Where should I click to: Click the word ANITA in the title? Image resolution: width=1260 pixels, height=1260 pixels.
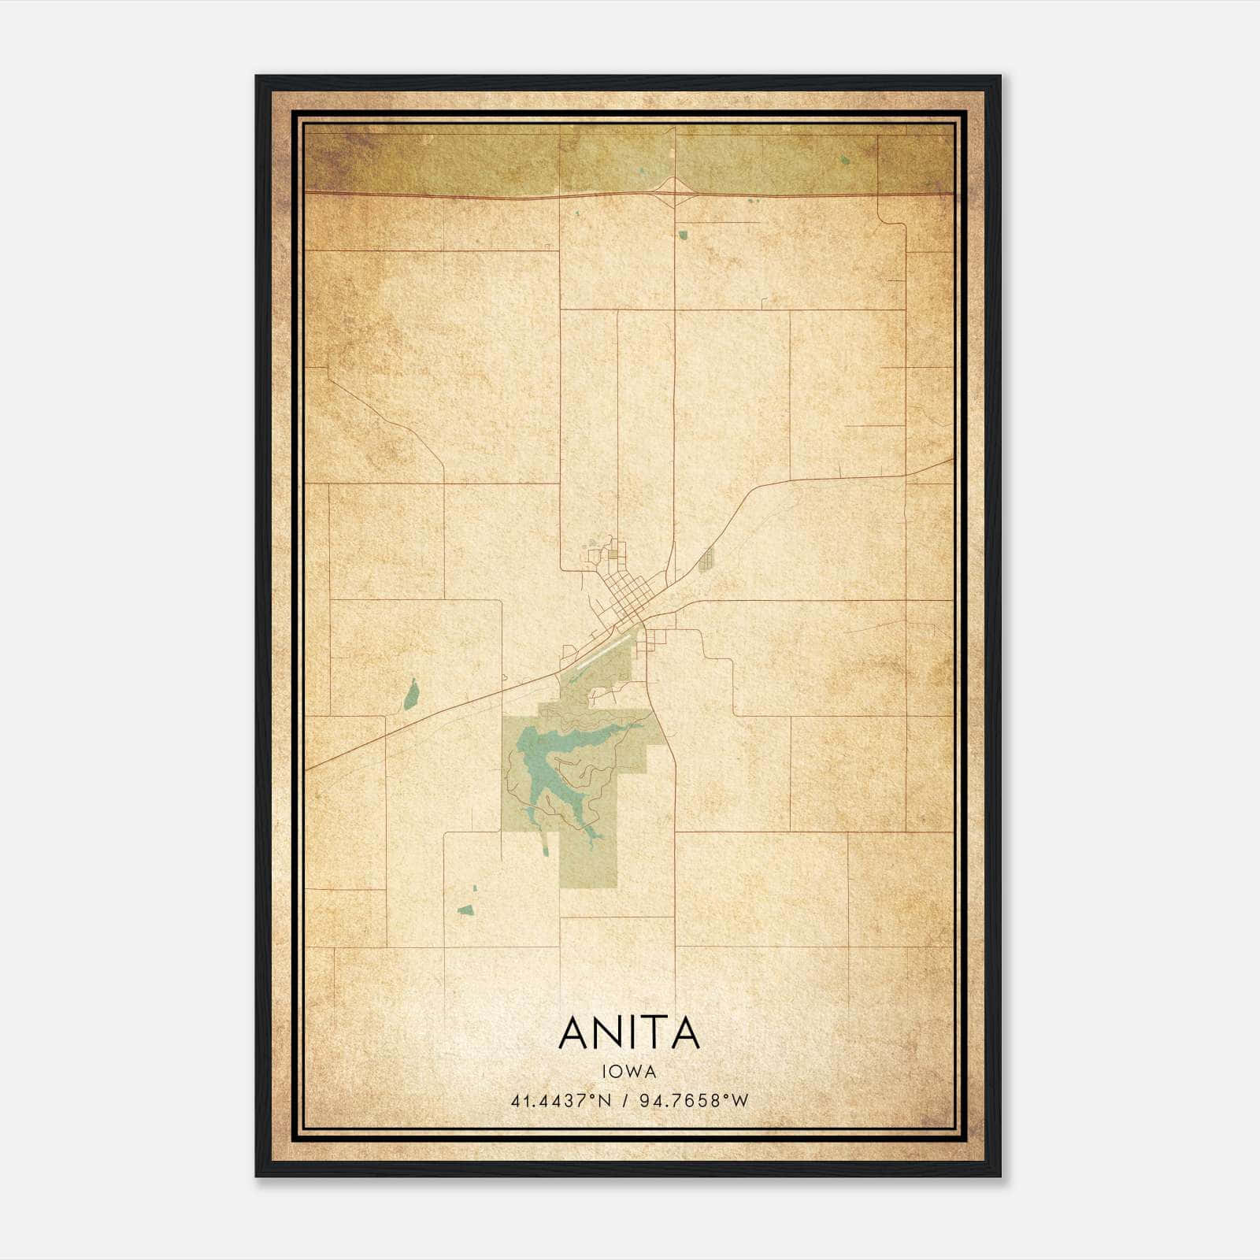click(x=629, y=1032)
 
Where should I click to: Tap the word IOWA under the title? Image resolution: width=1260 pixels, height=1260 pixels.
click(x=629, y=1071)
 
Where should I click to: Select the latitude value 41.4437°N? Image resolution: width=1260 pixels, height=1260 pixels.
click(x=561, y=1101)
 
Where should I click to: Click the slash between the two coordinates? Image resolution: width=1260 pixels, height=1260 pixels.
click(x=624, y=1101)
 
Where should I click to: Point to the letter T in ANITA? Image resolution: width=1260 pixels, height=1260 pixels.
click(x=660, y=1032)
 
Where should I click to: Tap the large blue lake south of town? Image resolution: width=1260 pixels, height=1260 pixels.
click(x=551, y=756)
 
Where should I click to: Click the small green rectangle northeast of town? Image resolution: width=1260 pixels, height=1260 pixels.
click(x=706, y=560)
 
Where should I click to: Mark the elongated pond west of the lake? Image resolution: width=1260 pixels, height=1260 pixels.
click(x=410, y=695)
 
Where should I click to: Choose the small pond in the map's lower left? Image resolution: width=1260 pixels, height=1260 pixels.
click(x=465, y=910)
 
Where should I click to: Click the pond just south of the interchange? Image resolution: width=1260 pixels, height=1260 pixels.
click(x=683, y=234)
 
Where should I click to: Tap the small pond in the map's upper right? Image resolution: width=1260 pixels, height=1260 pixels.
click(x=845, y=161)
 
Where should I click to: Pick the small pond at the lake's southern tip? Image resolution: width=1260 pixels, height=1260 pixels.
click(x=543, y=847)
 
